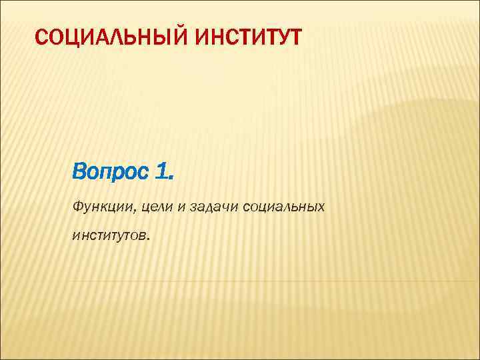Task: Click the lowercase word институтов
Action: (109, 235)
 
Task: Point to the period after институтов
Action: (149, 239)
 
